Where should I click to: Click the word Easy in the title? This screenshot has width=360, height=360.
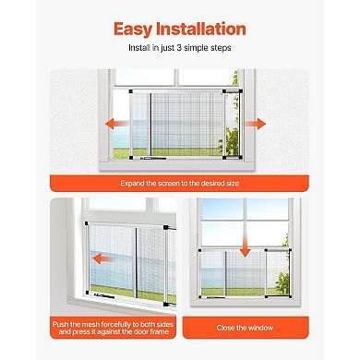pyautogui.click(x=135, y=30)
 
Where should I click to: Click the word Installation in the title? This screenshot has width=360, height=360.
pyautogui.click(x=201, y=30)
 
